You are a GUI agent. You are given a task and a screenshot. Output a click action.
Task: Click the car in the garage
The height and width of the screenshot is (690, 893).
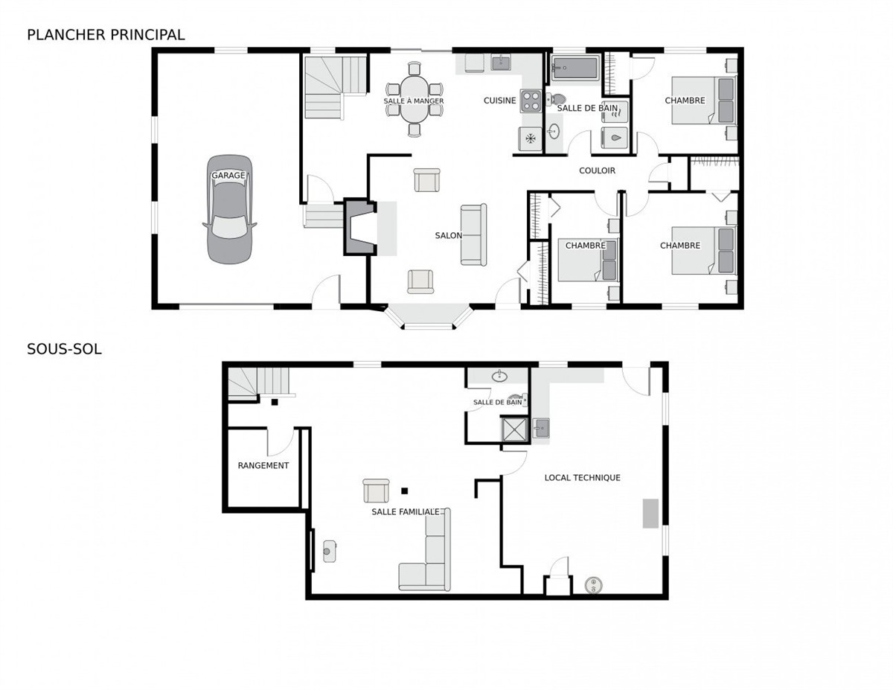229,209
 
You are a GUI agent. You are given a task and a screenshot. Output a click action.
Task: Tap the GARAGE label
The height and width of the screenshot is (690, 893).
228,176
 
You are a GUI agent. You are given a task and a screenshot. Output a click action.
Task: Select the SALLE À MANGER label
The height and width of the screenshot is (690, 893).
414,100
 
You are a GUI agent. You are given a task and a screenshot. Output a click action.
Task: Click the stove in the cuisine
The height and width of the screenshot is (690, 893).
531,101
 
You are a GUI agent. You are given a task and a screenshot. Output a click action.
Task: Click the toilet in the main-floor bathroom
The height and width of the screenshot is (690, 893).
556,99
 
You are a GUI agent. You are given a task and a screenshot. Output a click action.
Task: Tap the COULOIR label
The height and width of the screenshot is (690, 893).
597,170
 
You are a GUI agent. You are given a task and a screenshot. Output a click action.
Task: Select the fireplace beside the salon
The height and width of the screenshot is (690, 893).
360,227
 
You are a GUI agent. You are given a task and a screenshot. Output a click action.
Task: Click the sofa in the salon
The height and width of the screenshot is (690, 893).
473,234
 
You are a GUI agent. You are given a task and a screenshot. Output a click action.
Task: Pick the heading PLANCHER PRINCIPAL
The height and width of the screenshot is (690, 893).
106,35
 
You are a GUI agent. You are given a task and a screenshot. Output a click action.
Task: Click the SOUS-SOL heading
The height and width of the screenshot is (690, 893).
65,349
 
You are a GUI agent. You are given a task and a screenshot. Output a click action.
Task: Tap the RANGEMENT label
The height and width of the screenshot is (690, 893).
263,466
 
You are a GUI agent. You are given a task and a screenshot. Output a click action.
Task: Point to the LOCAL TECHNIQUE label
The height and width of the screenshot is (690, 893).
583,478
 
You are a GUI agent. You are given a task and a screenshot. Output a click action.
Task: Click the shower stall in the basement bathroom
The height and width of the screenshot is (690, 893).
514,430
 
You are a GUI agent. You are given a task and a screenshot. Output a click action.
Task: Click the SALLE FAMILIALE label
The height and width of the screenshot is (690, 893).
406,512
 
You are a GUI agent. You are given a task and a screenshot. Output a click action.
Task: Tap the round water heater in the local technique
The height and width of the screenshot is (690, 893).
593,585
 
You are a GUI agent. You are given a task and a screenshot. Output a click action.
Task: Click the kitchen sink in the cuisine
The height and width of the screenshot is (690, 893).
501,63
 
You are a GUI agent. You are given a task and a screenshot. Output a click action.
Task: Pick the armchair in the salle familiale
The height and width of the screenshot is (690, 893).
376,491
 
